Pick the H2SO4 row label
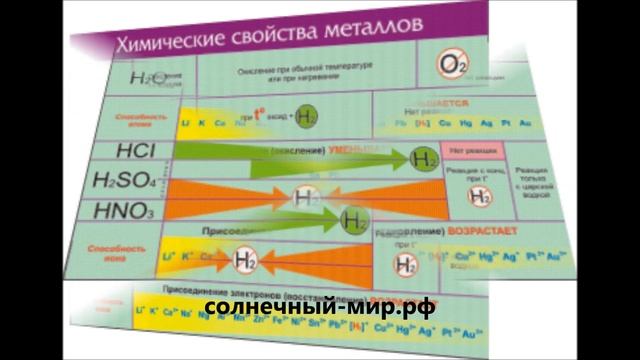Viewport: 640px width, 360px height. point(125,182)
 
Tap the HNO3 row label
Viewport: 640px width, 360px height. point(122,212)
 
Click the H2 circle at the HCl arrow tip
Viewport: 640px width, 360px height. point(425,159)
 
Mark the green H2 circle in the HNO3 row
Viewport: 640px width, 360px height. point(354,219)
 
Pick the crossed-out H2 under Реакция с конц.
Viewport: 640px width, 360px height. point(481,196)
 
